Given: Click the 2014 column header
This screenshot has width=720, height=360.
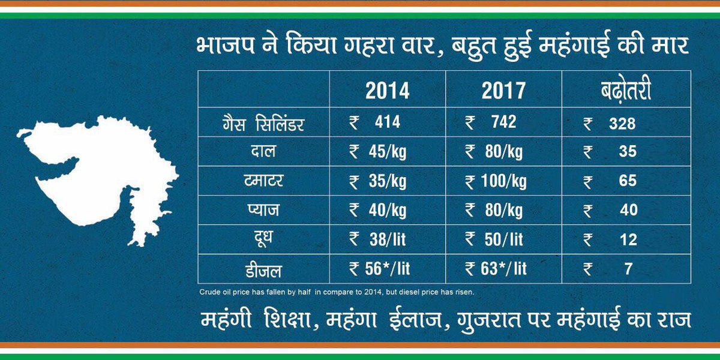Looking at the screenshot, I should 388,91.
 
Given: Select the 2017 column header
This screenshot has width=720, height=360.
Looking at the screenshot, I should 503,91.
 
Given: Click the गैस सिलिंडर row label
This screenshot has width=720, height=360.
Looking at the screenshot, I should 263,124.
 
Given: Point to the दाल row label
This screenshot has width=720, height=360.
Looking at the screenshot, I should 263,152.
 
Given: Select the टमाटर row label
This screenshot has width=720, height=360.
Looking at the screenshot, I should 263,181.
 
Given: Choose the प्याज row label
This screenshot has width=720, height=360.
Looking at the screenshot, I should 263,211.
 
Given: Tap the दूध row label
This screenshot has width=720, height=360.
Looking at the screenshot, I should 263,239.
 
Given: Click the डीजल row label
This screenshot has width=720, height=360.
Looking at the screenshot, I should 263,269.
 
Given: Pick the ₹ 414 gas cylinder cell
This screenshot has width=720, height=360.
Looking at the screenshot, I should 376,123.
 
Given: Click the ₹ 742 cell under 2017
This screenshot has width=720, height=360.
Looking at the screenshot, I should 491,123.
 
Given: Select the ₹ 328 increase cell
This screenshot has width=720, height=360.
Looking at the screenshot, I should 610,124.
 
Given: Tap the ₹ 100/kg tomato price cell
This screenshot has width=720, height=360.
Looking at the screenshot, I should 494,181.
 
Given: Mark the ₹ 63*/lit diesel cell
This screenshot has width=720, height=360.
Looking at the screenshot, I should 496,269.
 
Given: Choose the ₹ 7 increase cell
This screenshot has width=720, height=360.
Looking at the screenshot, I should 610,269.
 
